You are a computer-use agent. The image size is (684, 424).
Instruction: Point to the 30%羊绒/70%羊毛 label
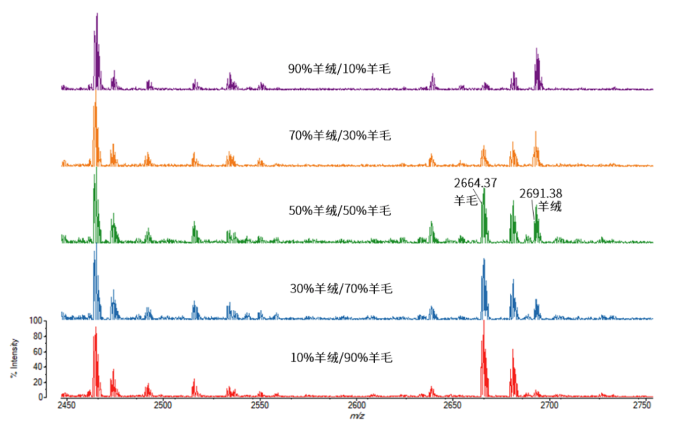click(x=341, y=289)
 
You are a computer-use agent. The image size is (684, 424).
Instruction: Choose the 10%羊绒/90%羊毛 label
click(x=341, y=358)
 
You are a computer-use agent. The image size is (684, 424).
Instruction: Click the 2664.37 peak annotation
click(x=475, y=184)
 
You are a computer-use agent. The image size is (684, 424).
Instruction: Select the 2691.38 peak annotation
click(x=541, y=194)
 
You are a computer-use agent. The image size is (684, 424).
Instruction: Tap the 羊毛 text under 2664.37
click(x=465, y=201)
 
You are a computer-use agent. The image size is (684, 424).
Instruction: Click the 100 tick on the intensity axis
click(x=36, y=321)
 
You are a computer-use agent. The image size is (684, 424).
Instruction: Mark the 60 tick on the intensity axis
click(x=38, y=351)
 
